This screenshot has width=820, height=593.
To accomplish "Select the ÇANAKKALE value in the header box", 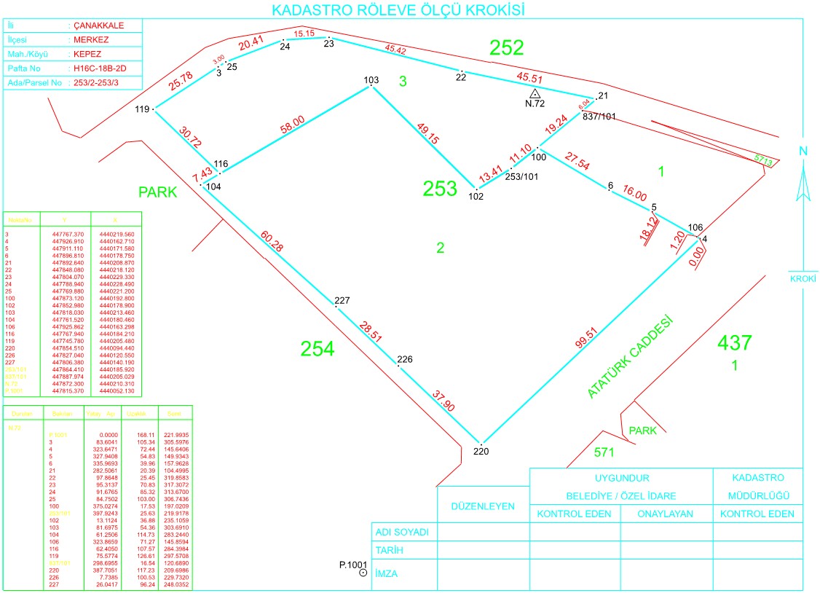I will [99, 25].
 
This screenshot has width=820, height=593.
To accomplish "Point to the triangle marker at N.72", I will [535, 94].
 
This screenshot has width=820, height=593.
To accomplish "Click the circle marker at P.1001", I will [363, 574].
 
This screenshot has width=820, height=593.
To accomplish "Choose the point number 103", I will [371, 79].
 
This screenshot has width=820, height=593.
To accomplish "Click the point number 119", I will [142, 109].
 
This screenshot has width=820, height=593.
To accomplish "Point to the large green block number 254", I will [318, 350].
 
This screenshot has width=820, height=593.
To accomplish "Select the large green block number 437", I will [734, 342].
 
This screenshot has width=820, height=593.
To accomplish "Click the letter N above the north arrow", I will [803, 151].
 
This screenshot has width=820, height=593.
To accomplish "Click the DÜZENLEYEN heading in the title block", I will [483, 506].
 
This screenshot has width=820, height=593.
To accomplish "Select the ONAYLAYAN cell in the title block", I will [665, 514].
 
